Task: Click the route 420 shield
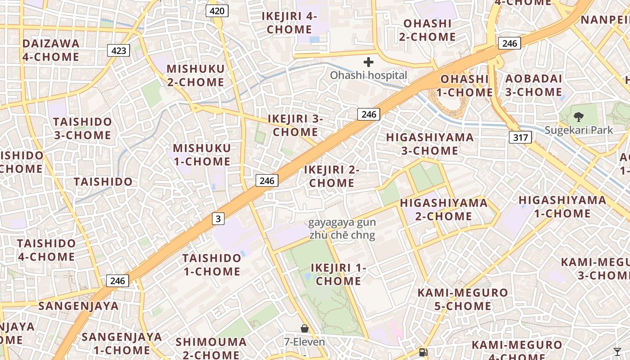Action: pyautogui.click(x=217, y=11)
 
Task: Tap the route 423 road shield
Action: pyautogui.click(x=118, y=50)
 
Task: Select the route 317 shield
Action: pyautogui.click(x=520, y=137)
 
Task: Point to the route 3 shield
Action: pyautogui.click(x=218, y=219)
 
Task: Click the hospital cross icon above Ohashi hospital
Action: pyautogui.click(x=369, y=62)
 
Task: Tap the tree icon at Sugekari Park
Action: pyautogui.click(x=578, y=117)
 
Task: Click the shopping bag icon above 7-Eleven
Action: pyautogui.click(x=305, y=329)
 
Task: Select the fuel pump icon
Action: pyautogui.click(x=423, y=352)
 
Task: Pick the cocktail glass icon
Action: pyautogui.click(x=617, y=351)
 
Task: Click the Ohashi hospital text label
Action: pyautogui.click(x=369, y=75)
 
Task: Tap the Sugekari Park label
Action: pyautogui.click(x=579, y=130)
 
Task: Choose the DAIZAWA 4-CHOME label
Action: pyautogui.click(x=51, y=50)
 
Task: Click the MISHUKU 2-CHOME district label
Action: pyautogui.click(x=195, y=76)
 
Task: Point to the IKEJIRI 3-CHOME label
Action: pyautogui.click(x=296, y=126)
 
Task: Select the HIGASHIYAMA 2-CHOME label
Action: pyautogui.click(x=444, y=210)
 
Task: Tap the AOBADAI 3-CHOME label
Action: pyautogui.click(x=533, y=85)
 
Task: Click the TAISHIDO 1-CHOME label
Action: pyautogui.click(x=211, y=265)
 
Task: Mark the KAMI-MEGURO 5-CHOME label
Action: pyautogui.click(x=463, y=300)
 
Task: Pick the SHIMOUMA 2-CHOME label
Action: pyautogui.click(x=211, y=348)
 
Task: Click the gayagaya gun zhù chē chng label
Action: pyautogui.click(x=342, y=229)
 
